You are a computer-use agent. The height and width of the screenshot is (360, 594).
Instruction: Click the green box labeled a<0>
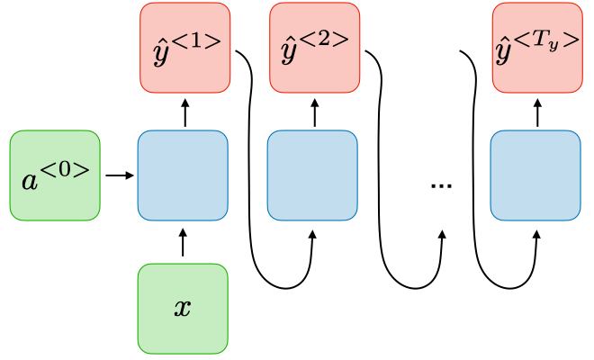click(x=54, y=175)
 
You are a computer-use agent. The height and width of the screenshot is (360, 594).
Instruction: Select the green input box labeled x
click(x=183, y=308)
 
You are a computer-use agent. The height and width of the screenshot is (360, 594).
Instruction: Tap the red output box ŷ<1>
click(x=185, y=48)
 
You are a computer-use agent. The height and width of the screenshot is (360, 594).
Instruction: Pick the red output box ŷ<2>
click(x=315, y=48)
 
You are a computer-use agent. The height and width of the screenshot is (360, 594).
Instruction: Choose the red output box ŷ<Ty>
click(x=537, y=48)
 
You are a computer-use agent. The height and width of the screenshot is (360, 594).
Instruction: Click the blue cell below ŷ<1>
click(x=183, y=175)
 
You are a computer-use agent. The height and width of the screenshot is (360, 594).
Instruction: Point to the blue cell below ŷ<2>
click(x=313, y=175)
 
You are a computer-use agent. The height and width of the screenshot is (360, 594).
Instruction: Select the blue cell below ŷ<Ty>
click(x=535, y=175)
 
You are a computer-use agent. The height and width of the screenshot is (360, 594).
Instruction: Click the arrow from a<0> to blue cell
click(x=118, y=175)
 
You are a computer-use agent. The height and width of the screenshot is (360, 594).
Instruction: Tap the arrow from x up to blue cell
click(x=183, y=243)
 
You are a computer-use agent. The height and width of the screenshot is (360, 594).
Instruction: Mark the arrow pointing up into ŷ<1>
click(x=185, y=112)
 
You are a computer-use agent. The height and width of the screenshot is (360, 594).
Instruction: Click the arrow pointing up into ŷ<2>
click(x=315, y=112)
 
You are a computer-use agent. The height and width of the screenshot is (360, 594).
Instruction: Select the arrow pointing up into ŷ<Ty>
click(x=538, y=112)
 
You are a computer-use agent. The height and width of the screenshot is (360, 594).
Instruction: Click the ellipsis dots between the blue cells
click(x=441, y=184)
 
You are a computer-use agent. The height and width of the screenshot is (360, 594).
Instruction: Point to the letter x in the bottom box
click(x=183, y=309)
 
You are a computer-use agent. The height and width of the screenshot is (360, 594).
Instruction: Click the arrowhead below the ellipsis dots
click(x=442, y=235)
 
